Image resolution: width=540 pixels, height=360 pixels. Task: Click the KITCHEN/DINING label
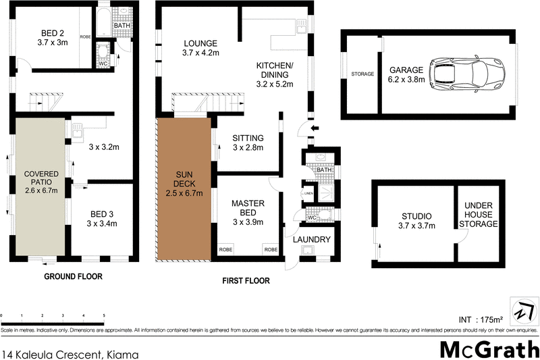coord(274,71)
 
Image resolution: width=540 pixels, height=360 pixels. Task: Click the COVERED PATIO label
coord(42,182)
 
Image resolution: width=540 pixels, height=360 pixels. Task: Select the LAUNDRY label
coord(311,240)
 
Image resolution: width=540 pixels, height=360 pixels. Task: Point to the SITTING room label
coord(247,143)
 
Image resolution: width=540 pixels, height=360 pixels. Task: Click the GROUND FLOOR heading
coord(73,276)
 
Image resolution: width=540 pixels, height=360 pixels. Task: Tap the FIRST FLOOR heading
coord(245,281)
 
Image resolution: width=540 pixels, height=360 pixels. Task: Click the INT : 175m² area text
coord(481,319)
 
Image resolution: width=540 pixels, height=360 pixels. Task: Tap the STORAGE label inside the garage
coord(362,74)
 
